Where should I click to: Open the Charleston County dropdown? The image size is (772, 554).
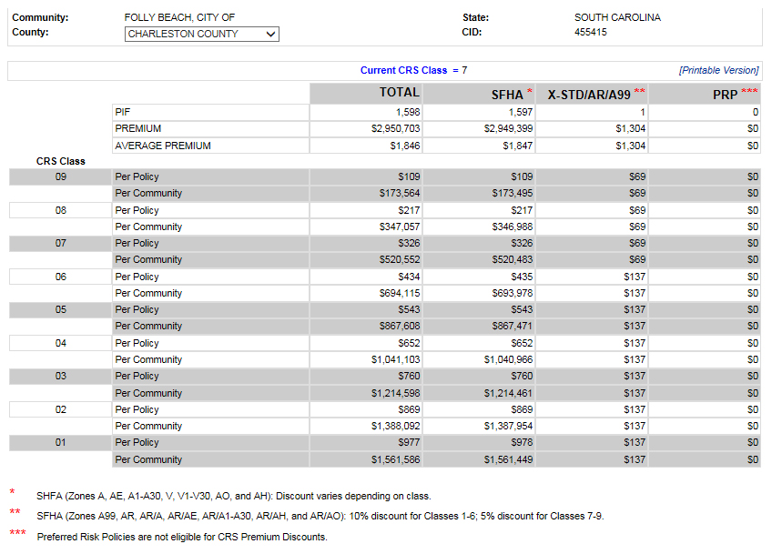tap(201, 34)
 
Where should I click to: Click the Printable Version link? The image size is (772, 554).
tap(718, 70)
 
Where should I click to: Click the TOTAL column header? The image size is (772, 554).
tap(400, 93)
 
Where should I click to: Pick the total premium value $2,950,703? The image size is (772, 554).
tap(395, 128)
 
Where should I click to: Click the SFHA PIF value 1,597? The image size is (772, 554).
tap(521, 112)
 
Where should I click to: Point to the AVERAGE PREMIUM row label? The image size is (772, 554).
tap(163, 146)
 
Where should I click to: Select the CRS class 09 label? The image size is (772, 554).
tap(60, 176)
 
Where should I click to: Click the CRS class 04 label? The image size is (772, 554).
tap(60, 343)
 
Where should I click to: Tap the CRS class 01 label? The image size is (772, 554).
tap(60, 442)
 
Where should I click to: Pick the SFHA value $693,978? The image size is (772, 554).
tap(509, 293)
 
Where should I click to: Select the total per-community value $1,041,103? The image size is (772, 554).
tap(395, 359)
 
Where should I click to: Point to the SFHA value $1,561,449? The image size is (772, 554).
tap(508, 459)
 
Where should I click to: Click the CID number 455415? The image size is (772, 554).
tap(591, 32)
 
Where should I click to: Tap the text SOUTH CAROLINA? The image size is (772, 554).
tap(617, 17)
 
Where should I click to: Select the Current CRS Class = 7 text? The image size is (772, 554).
tap(413, 70)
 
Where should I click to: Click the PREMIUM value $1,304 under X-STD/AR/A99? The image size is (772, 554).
tap(630, 128)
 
